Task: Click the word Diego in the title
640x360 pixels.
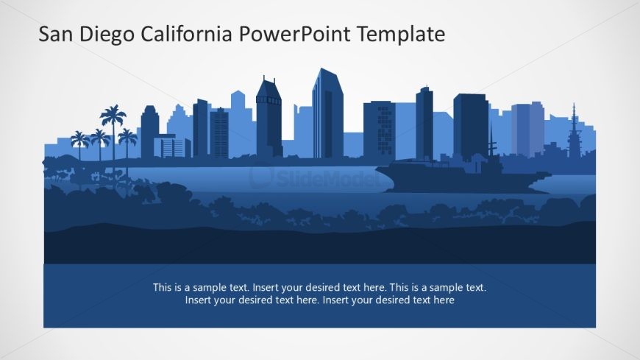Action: point(107,35)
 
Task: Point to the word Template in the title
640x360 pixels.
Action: point(401,35)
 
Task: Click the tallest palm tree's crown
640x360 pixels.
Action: point(113,115)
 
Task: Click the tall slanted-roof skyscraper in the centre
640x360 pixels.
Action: point(327,113)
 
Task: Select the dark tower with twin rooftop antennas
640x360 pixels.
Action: point(269,118)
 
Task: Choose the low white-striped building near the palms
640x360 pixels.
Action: point(172,147)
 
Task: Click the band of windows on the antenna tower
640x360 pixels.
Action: point(269,99)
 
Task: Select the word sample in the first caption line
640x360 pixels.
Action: point(210,288)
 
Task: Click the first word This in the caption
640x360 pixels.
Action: point(162,287)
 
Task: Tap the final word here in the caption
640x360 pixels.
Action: point(444,300)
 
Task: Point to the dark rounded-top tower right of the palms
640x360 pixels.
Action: point(149,132)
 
